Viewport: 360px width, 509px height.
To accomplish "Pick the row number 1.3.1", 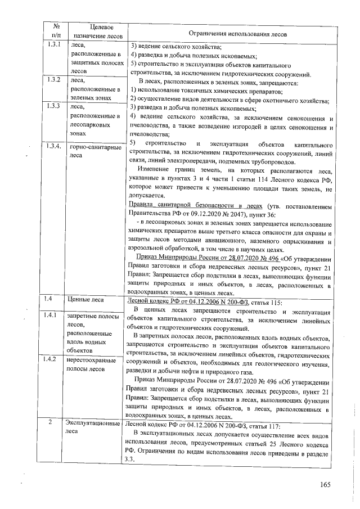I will (55, 44).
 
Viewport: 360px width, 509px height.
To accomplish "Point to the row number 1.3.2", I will (55, 80).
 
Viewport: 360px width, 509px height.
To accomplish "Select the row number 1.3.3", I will (55, 106).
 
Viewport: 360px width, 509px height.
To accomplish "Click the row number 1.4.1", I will (55, 317).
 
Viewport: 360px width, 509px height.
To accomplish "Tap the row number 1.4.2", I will (55, 359).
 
